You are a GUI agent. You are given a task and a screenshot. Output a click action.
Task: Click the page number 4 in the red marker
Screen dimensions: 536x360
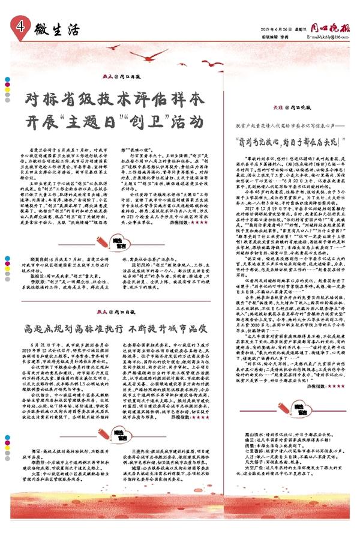tap(20, 26)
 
